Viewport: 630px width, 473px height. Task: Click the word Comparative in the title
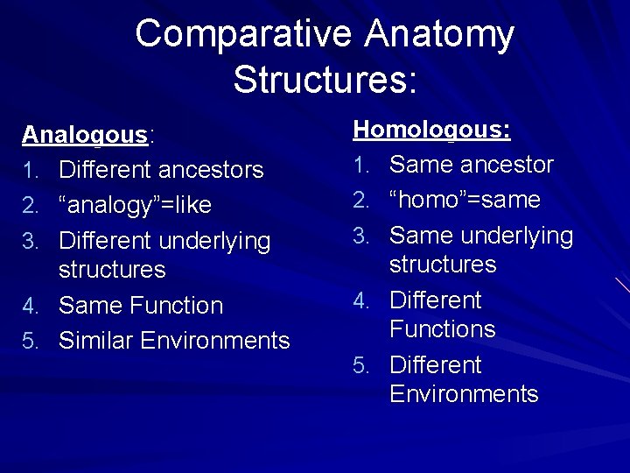click(244, 34)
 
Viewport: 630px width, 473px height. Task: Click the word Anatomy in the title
click(439, 34)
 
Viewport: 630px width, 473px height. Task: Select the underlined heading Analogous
click(85, 135)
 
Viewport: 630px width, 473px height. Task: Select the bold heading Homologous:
click(431, 131)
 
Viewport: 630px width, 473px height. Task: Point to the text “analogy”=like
click(135, 205)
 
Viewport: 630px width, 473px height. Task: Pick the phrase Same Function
click(141, 306)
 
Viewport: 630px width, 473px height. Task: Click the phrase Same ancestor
click(472, 165)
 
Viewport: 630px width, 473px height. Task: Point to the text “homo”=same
click(465, 200)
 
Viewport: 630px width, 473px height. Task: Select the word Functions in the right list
click(442, 329)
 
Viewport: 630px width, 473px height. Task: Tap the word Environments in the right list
click(464, 394)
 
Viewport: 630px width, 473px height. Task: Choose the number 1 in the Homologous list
click(360, 166)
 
